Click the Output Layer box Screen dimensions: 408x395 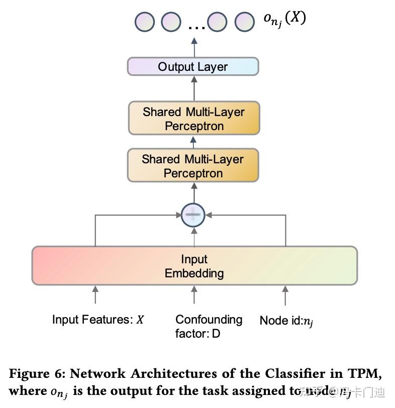193,67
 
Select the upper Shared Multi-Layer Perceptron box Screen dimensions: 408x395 193,119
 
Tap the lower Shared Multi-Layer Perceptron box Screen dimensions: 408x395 193,166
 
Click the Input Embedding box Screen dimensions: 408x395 194,266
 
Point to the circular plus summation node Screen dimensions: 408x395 193,215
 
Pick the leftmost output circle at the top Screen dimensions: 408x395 145,22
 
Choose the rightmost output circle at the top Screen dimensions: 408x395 245,22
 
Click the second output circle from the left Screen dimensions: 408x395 171,22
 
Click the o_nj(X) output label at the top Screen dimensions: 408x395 284,19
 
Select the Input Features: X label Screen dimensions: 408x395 98,320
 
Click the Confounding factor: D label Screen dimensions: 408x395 208,326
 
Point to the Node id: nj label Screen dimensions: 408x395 286,321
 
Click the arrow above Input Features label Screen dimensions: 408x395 95,294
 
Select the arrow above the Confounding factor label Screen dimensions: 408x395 194,294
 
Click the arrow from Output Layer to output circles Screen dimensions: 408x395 194,47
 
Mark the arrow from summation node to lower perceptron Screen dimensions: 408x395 193,192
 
